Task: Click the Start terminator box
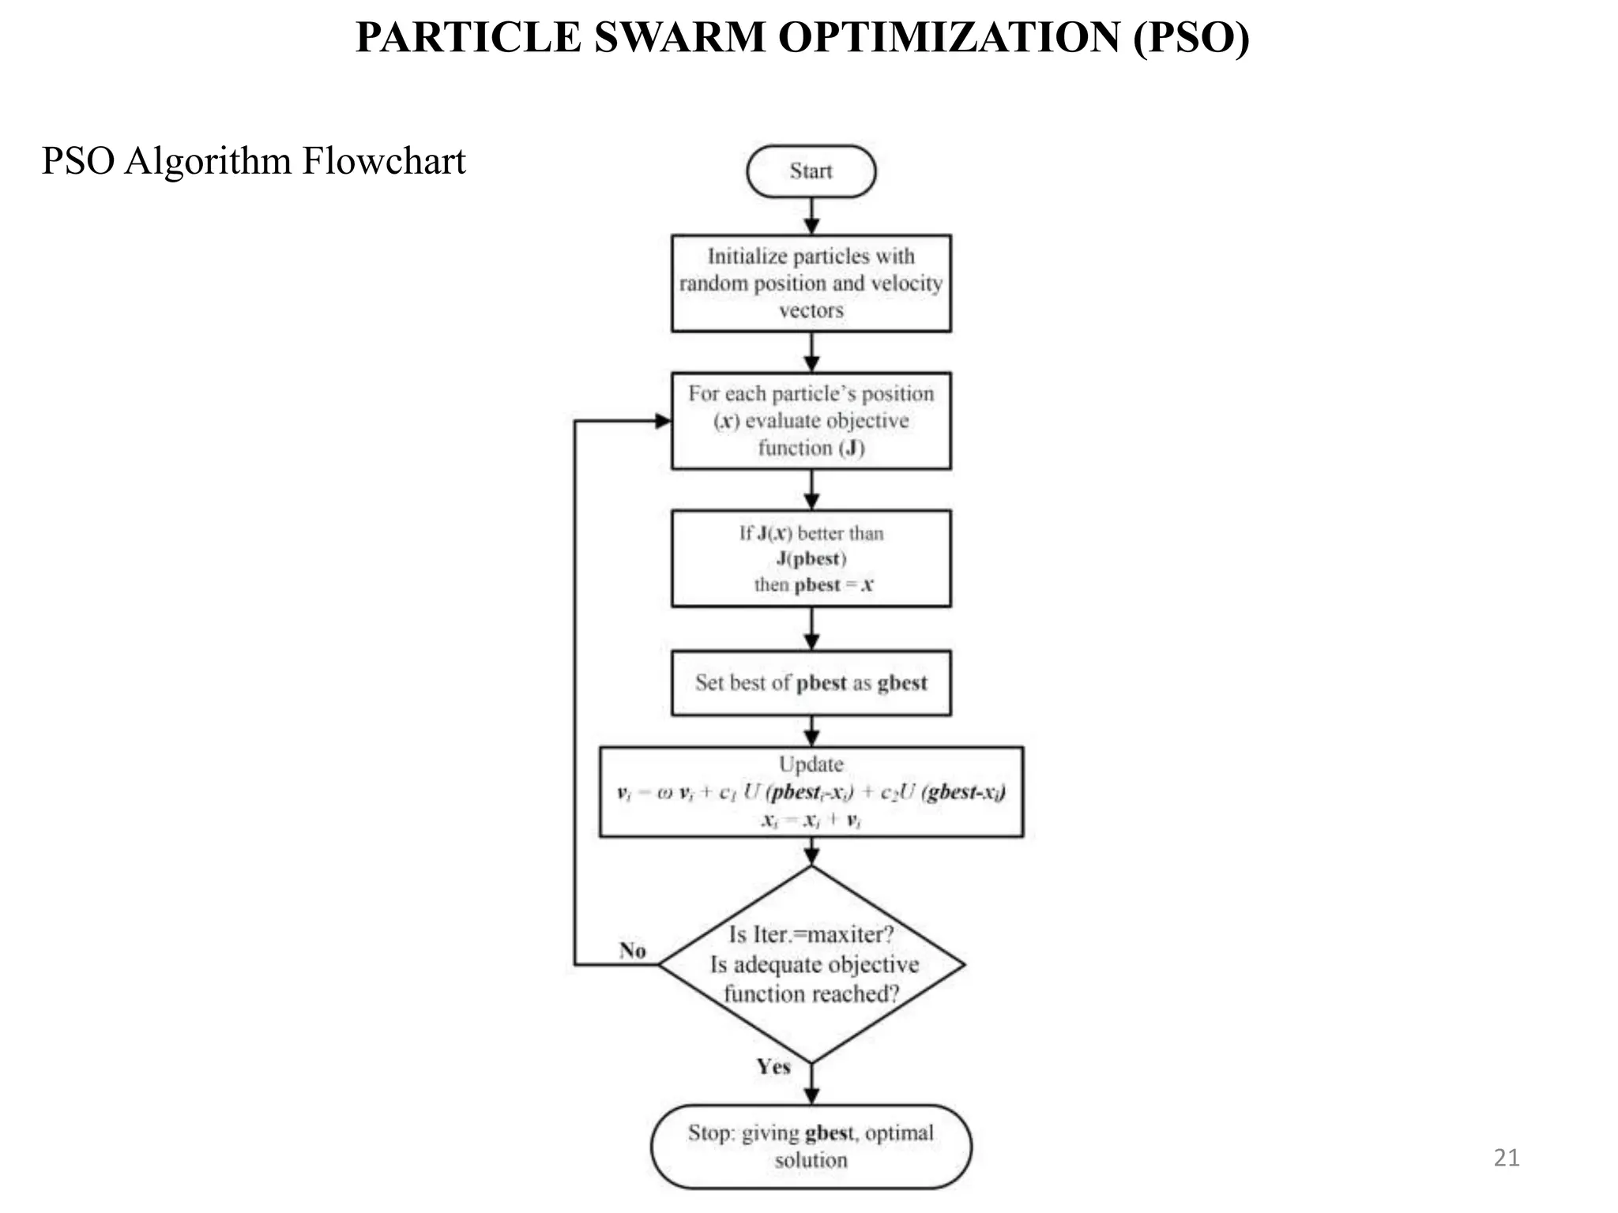pos(811,171)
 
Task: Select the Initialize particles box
pos(811,283)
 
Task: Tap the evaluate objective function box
pos(811,420)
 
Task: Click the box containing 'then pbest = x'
pos(811,558)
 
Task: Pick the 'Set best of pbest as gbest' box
pos(811,682)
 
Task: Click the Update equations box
pos(811,791)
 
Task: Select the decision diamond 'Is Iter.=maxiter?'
pos(811,963)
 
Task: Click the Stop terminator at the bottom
pos(811,1146)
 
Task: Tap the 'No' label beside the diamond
pos(633,950)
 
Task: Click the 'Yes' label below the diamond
pos(773,1067)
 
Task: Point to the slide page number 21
pos(1507,1158)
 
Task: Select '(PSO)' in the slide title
pos(1191,38)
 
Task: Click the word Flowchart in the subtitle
pos(384,161)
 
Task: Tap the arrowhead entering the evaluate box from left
pos(664,421)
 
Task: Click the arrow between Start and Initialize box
pos(811,216)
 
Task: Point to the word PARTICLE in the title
pos(468,38)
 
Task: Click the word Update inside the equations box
pos(811,764)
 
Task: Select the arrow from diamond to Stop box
pos(811,1084)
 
